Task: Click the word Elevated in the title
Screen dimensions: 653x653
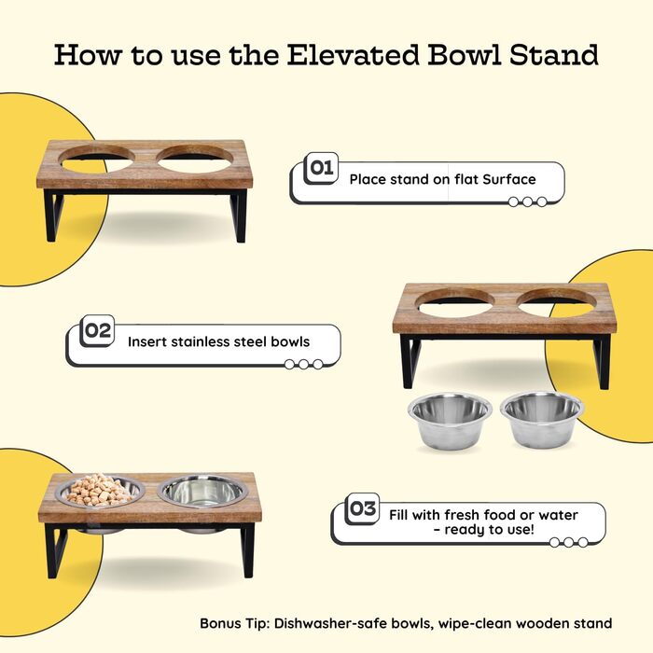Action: click(x=353, y=54)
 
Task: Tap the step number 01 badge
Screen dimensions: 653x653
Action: click(x=321, y=168)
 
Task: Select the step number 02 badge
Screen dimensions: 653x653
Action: click(x=97, y=330)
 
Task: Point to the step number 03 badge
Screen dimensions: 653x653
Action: click(x=363, y=508)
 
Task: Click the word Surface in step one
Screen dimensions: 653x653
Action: click(x=509, y=179)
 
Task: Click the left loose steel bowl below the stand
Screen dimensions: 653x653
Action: click(x=450, y=421)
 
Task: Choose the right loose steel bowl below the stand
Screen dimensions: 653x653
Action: click(x=542, y=420)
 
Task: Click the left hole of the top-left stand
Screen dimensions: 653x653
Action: click(x=97, y=160)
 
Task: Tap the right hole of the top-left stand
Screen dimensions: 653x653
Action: click(x=195, y=160)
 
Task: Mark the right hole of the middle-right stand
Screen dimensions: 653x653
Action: click(x=556, y=304)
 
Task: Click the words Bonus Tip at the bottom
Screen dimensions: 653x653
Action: click(x=235, y=623)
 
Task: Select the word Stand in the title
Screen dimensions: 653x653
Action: click(x=554, y=54)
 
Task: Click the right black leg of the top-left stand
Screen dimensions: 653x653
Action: click(x=239, y=215)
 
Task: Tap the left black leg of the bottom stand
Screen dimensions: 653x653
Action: click(x=55, y=550)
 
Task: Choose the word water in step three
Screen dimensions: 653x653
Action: click(x=558, y=515)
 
